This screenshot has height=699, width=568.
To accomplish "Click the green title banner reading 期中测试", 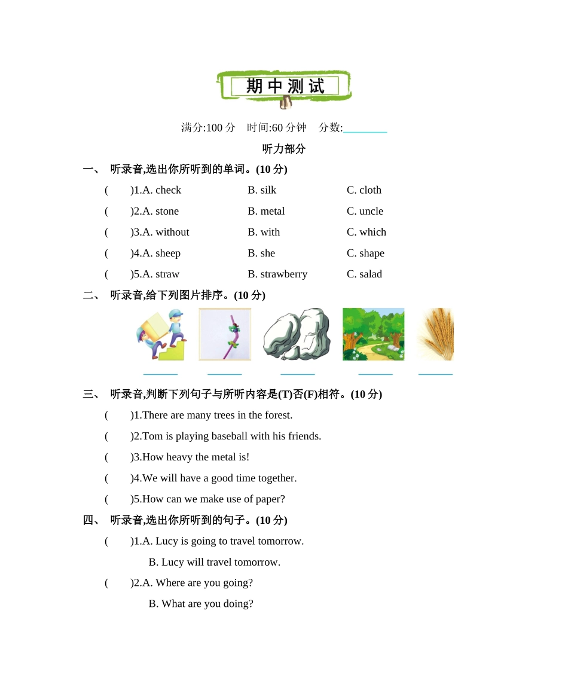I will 285,87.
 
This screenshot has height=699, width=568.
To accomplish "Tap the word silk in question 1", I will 268,190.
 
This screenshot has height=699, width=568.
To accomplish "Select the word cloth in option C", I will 370,190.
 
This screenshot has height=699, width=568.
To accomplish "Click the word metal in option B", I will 273,211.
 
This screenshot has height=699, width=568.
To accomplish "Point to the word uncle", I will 371,211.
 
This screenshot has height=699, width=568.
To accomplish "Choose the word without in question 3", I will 172,232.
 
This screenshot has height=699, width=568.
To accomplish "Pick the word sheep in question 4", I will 168,253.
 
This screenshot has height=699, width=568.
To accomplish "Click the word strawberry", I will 284,274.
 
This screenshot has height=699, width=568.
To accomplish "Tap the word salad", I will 371,274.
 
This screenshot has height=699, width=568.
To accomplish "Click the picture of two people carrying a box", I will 161,334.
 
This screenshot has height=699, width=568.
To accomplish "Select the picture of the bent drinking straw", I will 225,334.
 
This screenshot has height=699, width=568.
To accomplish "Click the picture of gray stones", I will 297,334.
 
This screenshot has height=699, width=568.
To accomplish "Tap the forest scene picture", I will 373,334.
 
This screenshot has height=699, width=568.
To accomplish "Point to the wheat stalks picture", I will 436,334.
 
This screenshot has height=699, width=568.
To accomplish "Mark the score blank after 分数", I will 365,128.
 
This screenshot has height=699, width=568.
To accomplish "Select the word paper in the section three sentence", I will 271,499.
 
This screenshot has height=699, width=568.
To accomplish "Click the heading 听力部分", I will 284,149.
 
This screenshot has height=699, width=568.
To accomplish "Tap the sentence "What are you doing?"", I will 207,603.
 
